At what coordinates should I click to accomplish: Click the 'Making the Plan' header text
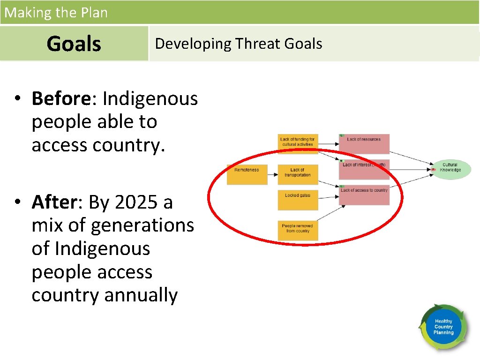(x=56, y=13)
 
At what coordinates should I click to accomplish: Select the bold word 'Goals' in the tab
(x=74, y=44)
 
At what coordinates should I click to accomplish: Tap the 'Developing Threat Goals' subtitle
(x=238, y=44)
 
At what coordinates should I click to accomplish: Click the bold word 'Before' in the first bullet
(x=60, y=99)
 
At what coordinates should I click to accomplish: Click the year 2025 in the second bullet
(x=136, y=202)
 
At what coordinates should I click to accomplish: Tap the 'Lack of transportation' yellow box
(x=298, y=174)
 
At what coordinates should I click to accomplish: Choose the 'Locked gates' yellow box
(x=298, y=199)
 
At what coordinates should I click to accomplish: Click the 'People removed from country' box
(x=298, y=230)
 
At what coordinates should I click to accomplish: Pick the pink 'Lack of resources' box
(x=364, y=144)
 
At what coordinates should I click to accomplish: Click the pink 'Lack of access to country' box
(x=364, y=195)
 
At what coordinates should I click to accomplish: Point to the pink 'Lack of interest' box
(x=364, y=169)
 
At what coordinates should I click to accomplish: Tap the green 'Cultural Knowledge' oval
(x=450, y=168)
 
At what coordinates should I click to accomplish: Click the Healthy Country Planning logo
(x=443, y=327)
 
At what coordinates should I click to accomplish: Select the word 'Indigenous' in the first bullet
(x=150, y=99)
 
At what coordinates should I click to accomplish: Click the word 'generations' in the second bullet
(x=142, y=225)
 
